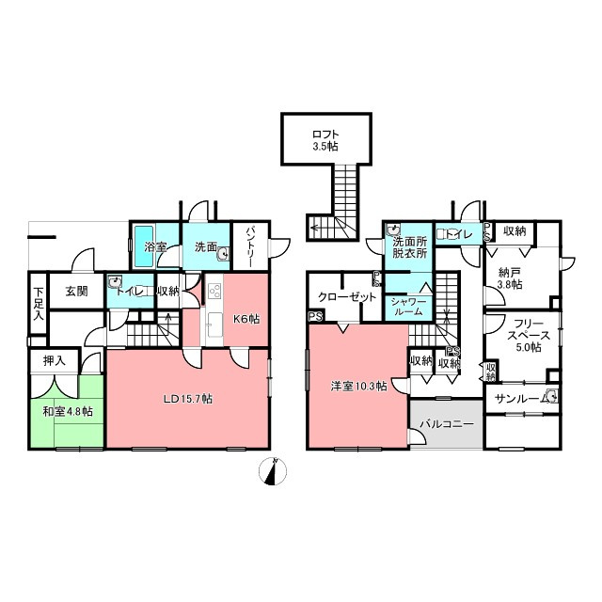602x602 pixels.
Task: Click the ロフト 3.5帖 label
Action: tap(325, 140)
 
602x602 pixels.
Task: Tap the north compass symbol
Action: tap(273, 471)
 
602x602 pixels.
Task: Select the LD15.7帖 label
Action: tap(188, 399)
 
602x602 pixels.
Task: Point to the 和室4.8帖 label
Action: tap(68, 412)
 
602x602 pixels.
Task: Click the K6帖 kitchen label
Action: tap(246, 318)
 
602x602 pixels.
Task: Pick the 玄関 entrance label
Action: tap(77, 291)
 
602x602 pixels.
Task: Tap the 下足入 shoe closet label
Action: tap(39, 304)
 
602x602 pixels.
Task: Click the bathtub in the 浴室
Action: tap(144, 246)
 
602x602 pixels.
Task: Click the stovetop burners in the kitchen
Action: tap(214, 291)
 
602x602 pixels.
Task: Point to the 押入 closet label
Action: tap(55, 360)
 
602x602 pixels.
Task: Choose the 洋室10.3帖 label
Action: tap(358, 387)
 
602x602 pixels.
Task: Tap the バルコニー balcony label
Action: tap(447, 424)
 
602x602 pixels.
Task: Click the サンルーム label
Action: tap(521, 399)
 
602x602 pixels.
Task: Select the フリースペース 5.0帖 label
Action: tap(529, 335)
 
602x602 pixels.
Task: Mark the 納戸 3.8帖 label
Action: tap(510, 278)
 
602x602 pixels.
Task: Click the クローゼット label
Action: tap(347, 297)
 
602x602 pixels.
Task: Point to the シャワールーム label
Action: tap(408, 306)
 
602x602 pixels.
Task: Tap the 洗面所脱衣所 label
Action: tap(410, 247)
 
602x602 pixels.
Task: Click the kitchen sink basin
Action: tap(214, 324)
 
